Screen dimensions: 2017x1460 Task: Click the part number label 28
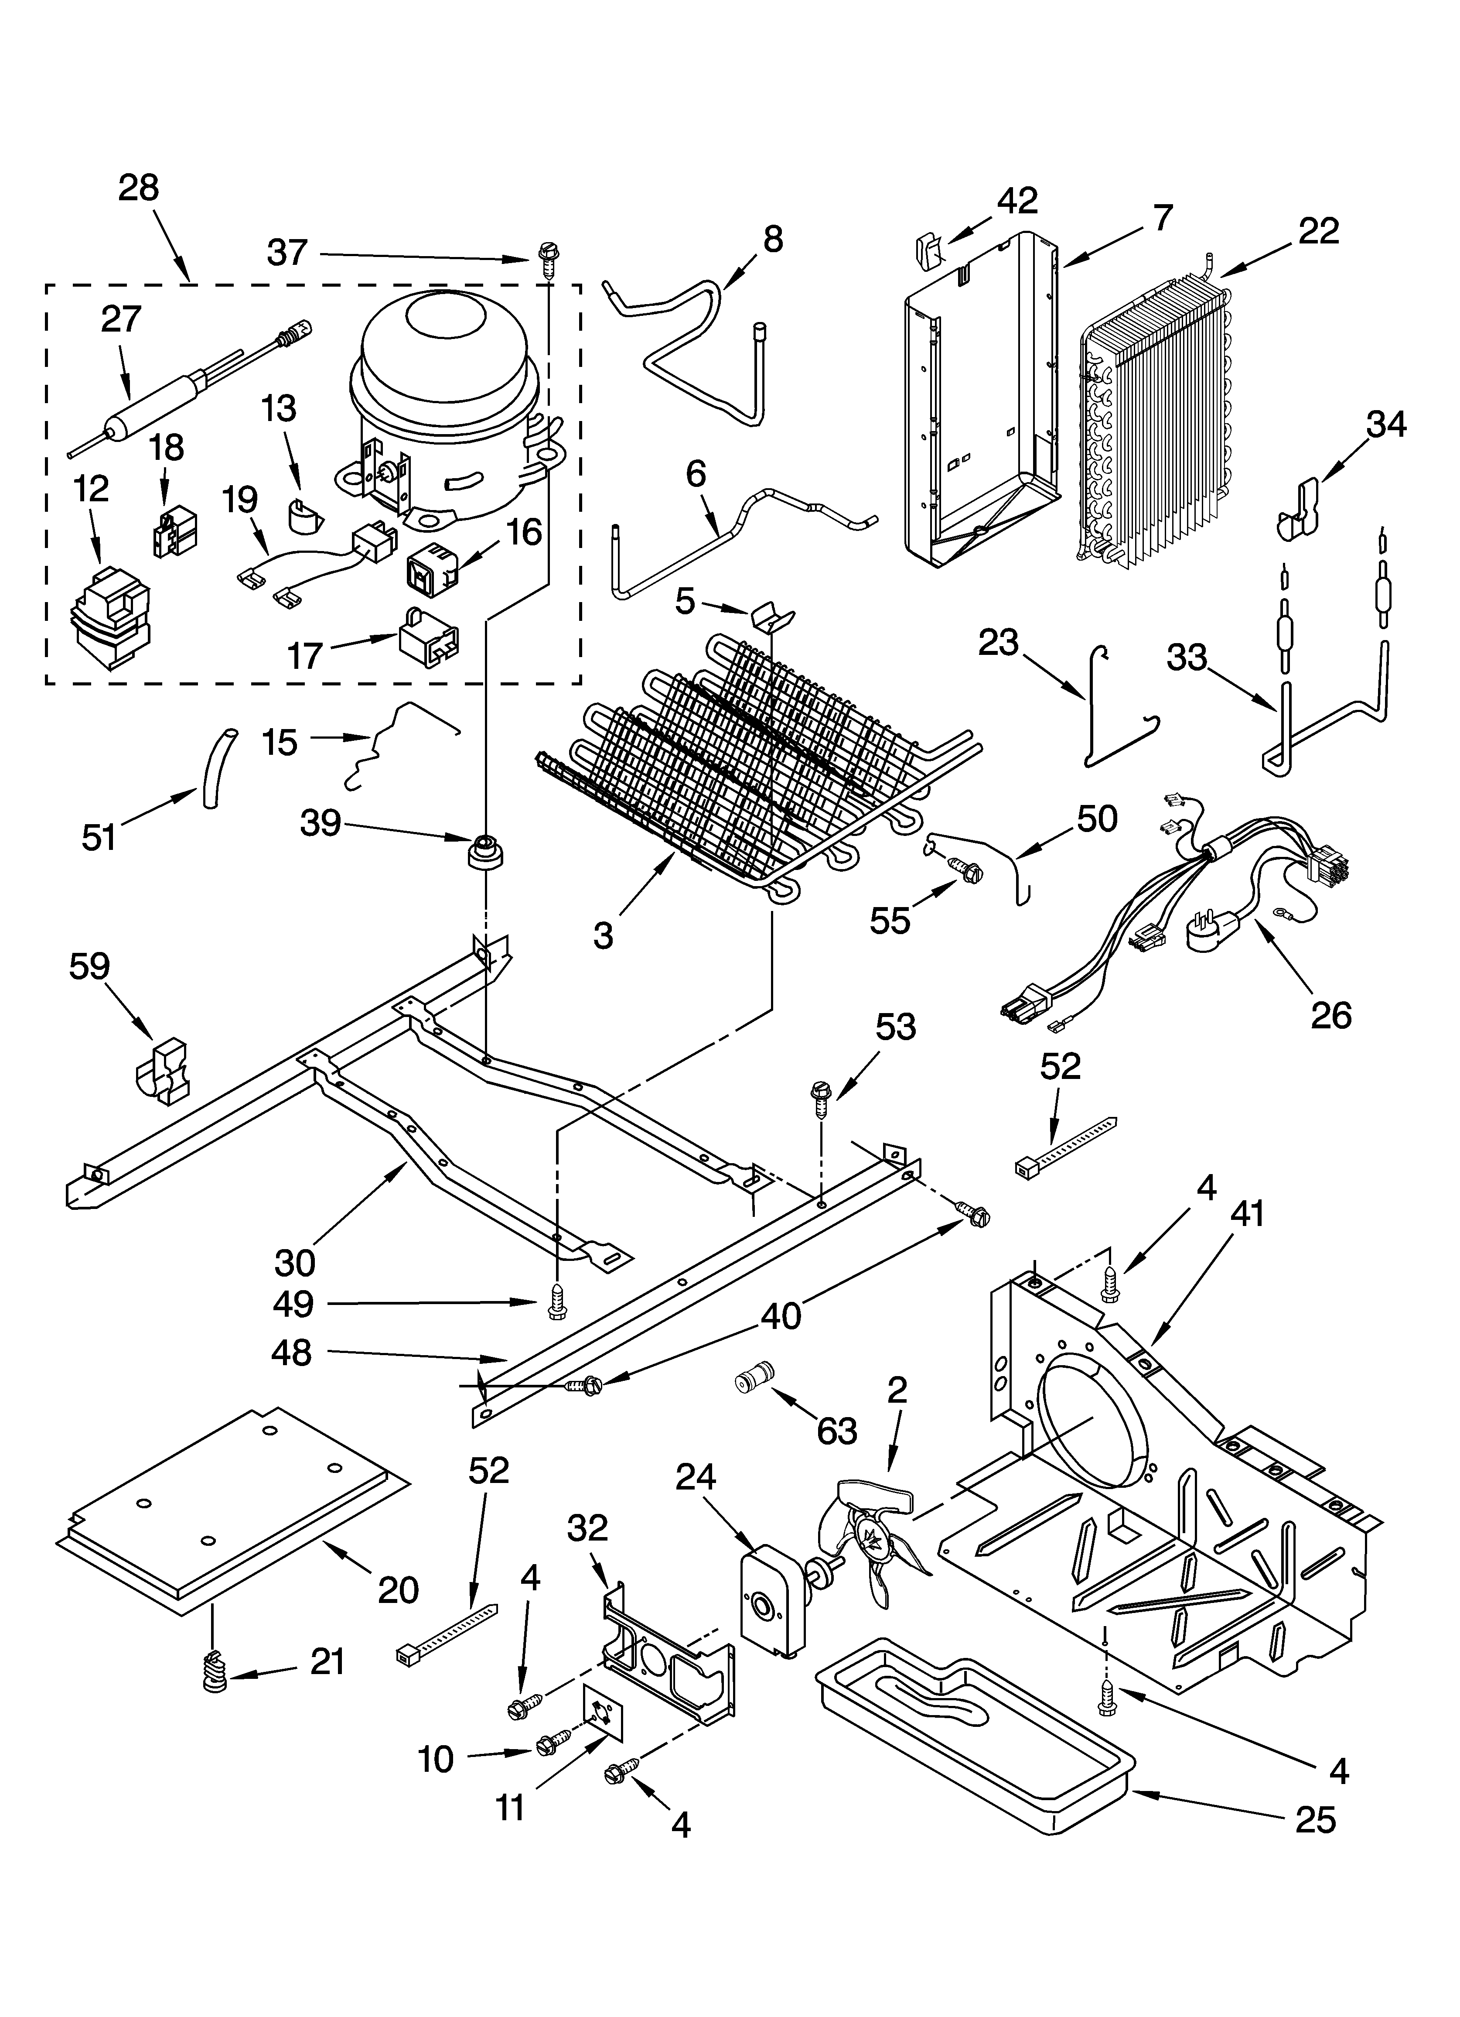coord(139,188)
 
